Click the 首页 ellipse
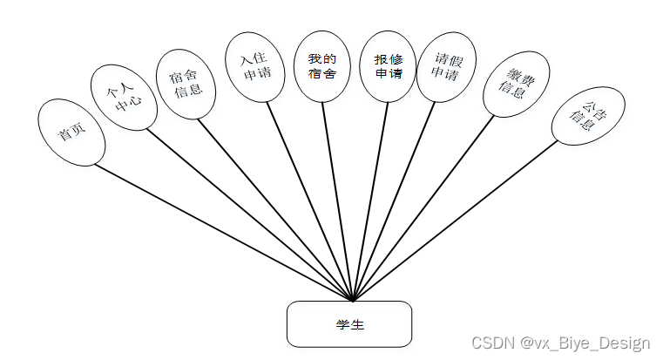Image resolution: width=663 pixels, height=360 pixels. (x=71, y=133)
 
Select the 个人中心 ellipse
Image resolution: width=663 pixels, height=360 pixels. (x=124, y=98)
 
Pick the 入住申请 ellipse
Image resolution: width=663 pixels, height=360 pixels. (x=254, y=67)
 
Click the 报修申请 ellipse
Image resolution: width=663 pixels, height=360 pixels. (x=388, y=66)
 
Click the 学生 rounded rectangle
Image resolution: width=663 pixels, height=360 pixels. (x=348, y=323)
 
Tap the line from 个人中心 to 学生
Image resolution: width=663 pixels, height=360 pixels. (x=247, y=213)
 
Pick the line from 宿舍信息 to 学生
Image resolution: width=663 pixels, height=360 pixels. (x=275, y=209)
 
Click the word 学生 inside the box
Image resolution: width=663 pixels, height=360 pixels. (x=348, y=324)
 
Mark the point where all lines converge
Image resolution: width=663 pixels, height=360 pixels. (x=351, y=301)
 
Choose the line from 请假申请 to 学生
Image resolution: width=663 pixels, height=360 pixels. (x=393, y=200)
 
